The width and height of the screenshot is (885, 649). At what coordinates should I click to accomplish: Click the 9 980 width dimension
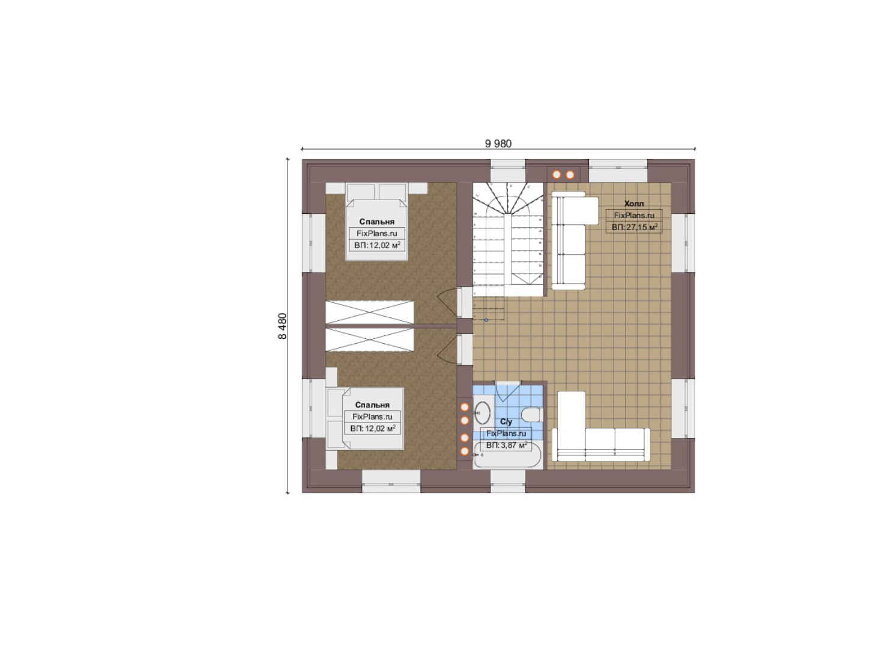tap(498, 144)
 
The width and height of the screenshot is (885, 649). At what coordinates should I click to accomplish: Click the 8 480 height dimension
tap(282, 326)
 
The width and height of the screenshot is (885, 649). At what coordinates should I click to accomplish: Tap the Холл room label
tap(633, 204)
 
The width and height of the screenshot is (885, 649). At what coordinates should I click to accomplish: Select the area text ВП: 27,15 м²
tap(635, 227)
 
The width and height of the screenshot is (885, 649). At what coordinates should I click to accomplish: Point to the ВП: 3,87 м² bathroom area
tap(506, 445)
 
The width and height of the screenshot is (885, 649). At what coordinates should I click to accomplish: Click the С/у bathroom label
tap(506, 422)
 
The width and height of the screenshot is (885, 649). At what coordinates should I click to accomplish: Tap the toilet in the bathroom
tap(531, 415)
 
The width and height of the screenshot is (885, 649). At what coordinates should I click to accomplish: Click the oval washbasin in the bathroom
tap(482, 412)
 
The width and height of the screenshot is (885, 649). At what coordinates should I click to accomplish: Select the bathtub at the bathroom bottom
tap(508, 455)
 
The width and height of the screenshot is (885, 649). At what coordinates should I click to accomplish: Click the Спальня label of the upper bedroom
tap(376, 222)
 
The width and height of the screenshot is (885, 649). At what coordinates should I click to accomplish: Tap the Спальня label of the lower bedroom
tap(372, 404)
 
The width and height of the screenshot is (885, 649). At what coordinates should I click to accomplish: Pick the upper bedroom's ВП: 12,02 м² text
tap(377, 245)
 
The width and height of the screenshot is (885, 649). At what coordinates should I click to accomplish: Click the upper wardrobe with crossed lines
tap(370, 312)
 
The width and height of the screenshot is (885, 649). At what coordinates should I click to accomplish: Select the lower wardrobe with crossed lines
tap(370, 340)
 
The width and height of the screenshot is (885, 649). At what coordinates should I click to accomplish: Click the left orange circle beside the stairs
tap(557, 174)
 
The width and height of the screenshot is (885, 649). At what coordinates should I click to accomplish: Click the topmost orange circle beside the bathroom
tap(465, 407)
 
